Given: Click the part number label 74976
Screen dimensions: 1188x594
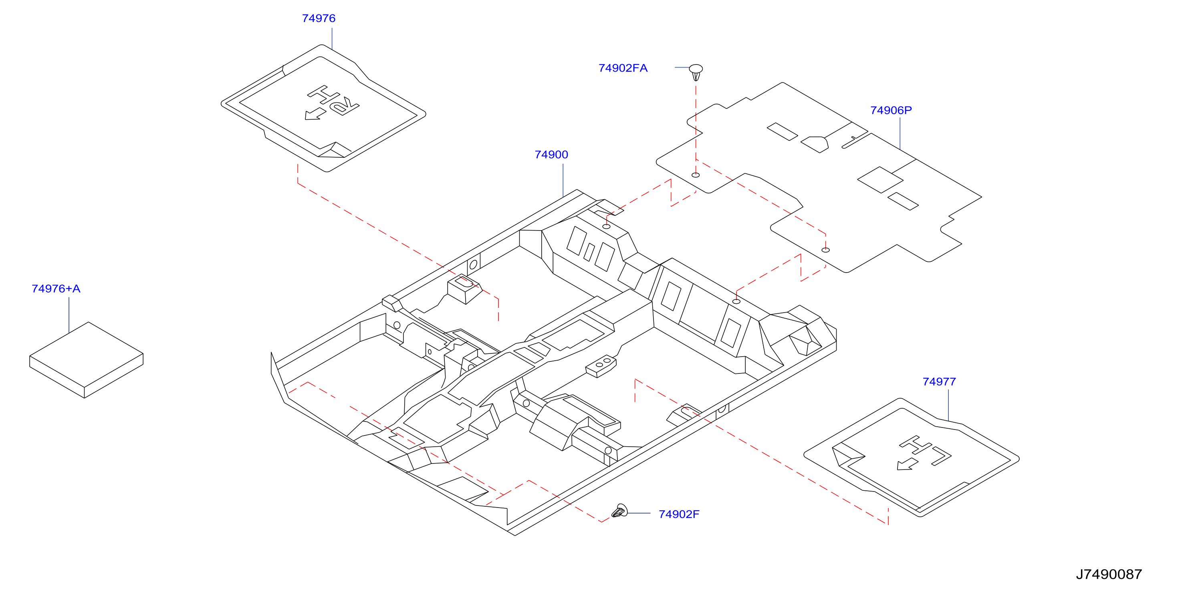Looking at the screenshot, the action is point(319,18).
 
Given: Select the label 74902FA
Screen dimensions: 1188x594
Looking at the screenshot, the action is point(623,68).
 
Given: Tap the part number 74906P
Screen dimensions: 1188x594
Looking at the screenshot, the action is point(891,110).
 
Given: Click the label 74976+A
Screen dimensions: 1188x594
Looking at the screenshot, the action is point(56,289).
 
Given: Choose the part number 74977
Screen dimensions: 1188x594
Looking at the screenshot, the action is point(939,382).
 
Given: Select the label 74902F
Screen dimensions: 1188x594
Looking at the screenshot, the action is point(679,514).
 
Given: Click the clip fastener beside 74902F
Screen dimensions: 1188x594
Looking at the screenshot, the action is point(620,511).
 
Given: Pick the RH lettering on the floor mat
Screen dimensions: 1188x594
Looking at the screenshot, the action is point(333,100).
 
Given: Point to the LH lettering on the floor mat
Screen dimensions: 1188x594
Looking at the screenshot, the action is point(926,450).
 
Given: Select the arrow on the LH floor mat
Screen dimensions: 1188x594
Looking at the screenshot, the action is point(908,464).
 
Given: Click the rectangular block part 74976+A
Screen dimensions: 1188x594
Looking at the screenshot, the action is point(86,360).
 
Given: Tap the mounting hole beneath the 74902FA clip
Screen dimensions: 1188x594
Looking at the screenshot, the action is point(696,175).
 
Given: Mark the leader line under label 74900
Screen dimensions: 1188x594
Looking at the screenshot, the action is point(563,181).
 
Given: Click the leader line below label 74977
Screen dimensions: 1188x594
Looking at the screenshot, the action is point(948,405).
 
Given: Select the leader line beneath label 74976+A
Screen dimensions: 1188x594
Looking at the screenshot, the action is point(69,315).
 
